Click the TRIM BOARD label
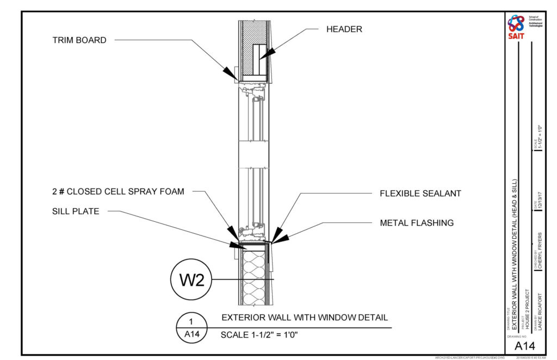[79, 40]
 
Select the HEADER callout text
[344, 29]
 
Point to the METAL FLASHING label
[417, 222]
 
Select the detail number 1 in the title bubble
[191, 321]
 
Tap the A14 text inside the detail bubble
[191, 334]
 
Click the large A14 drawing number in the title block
[525, 346]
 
